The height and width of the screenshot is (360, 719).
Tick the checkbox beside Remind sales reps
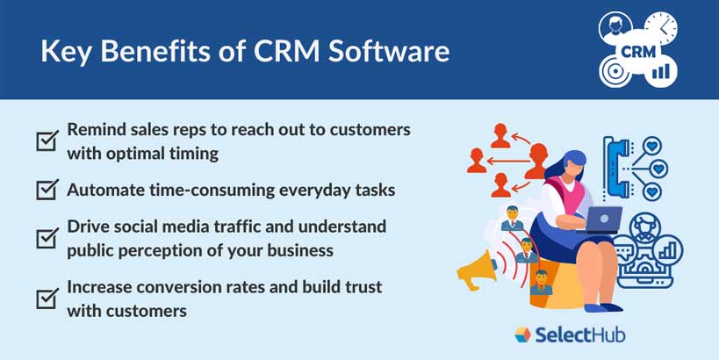[47, 140]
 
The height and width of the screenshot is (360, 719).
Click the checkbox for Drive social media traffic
[47, 238]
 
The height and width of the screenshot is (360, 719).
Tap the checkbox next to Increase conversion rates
[47, 299]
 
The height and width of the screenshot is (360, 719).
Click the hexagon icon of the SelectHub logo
[523, 335]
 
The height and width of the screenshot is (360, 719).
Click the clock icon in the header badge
[659, 29]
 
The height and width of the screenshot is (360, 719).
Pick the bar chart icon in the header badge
[660, 69]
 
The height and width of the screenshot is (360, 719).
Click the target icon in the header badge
[616, 71]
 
